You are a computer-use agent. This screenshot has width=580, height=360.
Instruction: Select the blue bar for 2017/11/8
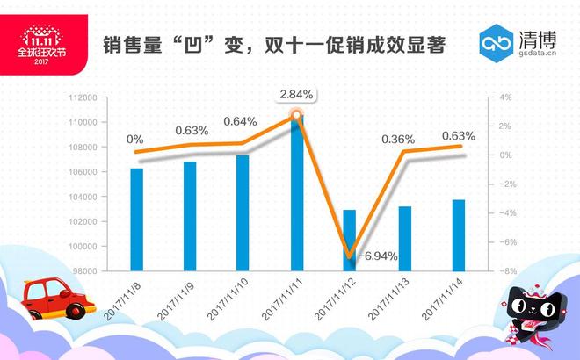(136, 219)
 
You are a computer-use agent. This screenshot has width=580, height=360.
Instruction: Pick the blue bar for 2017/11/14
(458, 234)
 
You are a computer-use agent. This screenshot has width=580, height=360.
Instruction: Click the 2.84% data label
(296, 94)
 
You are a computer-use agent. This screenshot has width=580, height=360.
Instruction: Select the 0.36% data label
(398, 139)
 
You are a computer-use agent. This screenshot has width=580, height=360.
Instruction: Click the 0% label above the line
(135, 139)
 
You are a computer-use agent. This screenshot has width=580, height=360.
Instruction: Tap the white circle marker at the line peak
(297, 114)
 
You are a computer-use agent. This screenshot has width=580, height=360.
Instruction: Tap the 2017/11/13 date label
(390, 299)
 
